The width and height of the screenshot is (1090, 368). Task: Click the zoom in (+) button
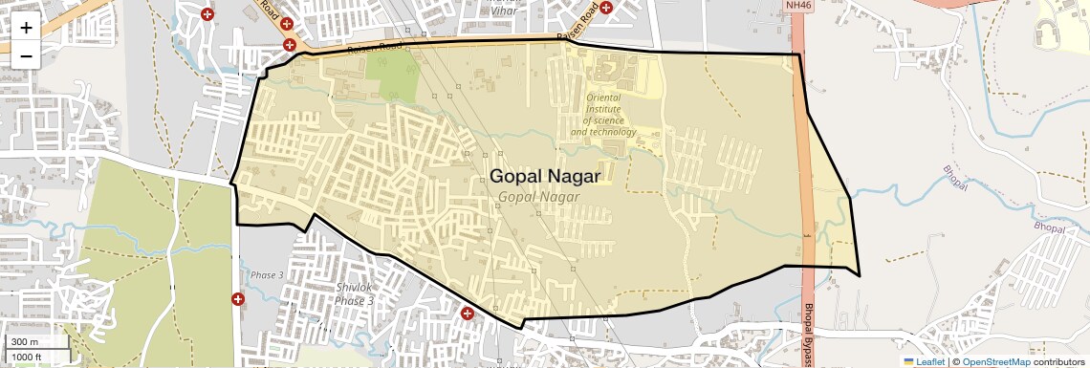coord(26,27)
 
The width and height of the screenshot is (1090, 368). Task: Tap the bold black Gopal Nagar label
coord(545,177)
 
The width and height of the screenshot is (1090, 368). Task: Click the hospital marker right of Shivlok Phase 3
coord(468,313)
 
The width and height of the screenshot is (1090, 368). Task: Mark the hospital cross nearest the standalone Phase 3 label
coord(238,299)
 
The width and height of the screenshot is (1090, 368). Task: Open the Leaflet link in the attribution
coord(924,361)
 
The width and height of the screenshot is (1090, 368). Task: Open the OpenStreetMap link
coord(995,361)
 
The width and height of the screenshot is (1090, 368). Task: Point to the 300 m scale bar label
coord(25,342)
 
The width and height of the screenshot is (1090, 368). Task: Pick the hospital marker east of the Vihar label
coord(606,9)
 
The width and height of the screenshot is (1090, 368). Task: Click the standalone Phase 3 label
coord(268,275)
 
